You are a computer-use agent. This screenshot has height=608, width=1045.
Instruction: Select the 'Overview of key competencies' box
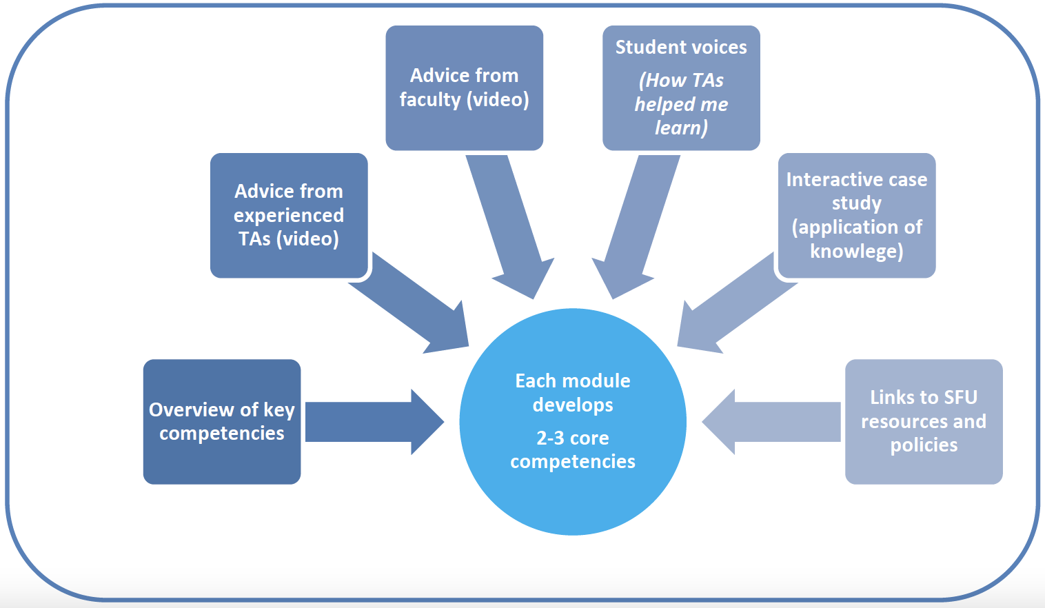coord(222,421)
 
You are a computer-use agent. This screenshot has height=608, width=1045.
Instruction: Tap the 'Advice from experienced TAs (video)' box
coord(289,215)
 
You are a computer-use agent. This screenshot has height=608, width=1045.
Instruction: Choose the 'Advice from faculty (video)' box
coord(464,88)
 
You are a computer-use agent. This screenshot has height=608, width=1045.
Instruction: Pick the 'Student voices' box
coord(681,88)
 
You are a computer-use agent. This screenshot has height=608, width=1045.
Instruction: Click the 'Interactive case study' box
coord(857,215)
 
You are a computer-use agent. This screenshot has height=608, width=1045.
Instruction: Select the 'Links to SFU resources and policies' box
coord(924,421)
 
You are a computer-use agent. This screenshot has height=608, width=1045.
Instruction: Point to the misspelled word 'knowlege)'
coord(857,251)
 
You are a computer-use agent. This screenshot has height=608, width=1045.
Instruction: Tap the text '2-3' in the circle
coord(551,438)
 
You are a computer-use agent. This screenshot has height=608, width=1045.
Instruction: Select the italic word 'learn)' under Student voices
coord(681,128)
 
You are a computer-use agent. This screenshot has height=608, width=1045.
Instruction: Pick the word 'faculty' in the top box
coord(429,100)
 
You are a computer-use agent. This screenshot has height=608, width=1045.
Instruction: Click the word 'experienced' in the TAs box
coord(289,216)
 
